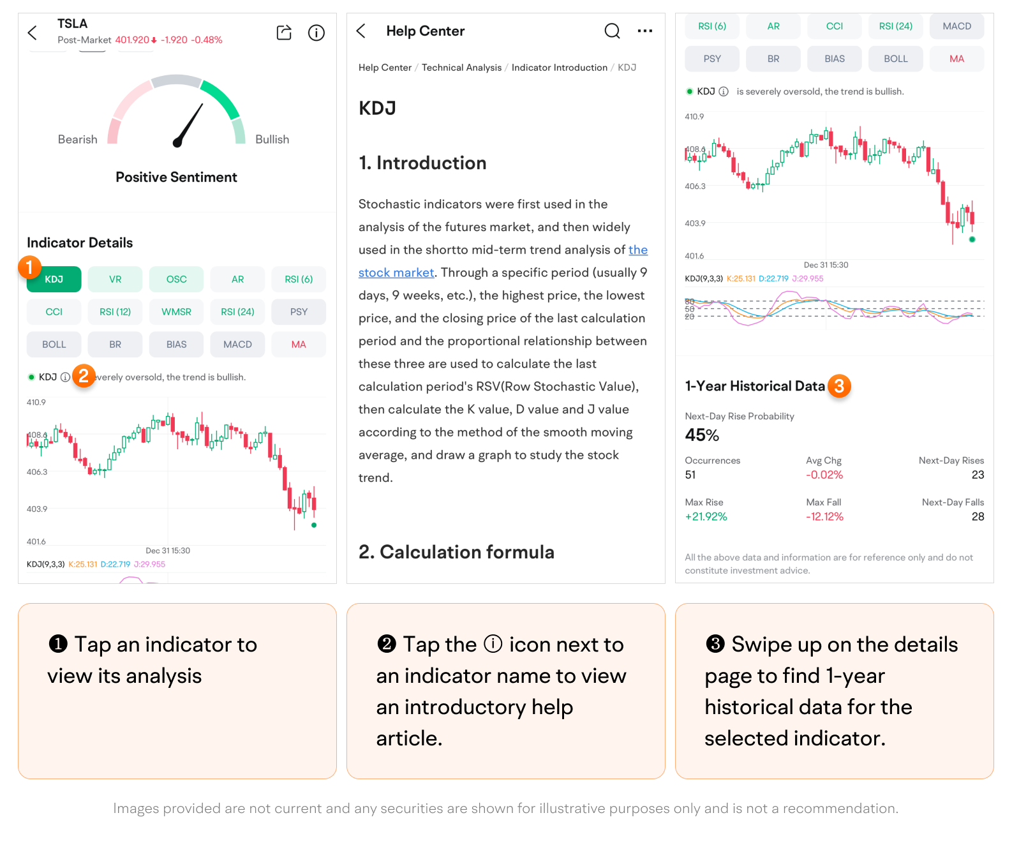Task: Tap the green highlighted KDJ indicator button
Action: [x=54, y=280]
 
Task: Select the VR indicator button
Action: [x=115, y=280]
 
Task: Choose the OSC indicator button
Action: [x=176, y=280]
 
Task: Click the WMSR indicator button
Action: [x=176, y=312]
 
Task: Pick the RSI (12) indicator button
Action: [x=115, y=312]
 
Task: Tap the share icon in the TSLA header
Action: [x=284, y=33]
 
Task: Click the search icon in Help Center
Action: [x=612, y=31]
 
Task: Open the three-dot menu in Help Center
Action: [x=644, y=31]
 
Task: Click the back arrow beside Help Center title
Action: [x=361, y=31]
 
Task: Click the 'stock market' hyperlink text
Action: [x=396, y=272]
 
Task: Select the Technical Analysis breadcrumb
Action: [x=461, y=68]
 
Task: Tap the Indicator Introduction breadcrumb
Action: [x=559, y=68]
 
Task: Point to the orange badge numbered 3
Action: [x=839, y=386]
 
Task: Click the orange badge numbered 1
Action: [x=29, y=267]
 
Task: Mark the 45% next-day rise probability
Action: [x=702, y=435]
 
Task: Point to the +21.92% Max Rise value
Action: [x=706, y=517]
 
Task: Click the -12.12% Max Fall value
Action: [x=824, y=517]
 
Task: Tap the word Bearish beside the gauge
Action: [x=78, y=140]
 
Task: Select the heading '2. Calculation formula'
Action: [x=456, y=552]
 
